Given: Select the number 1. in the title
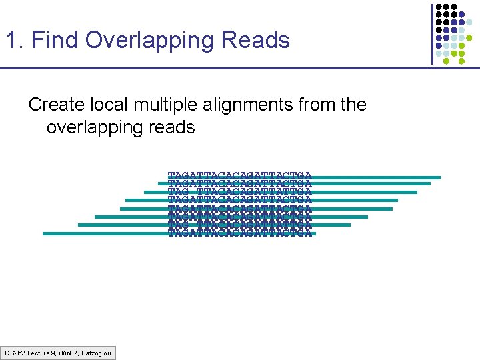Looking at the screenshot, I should point(15,41).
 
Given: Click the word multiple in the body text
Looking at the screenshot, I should point(162,105).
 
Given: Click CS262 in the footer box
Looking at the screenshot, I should point(15,352).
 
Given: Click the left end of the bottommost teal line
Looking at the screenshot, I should point(44,233).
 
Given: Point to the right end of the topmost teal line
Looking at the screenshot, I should point(439,177).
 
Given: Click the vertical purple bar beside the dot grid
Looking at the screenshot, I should point(432,33).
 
